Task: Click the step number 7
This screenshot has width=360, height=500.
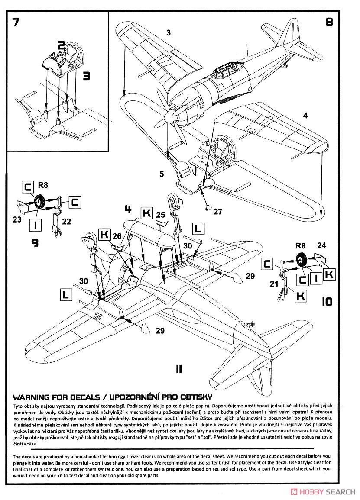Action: [x=16, y=23]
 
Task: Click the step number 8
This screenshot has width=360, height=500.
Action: [x=329, y=23]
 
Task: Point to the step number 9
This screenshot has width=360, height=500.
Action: [x=35, y=242]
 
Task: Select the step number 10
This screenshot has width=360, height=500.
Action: [x=327, y=301]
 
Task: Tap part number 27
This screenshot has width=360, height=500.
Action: [x=217, y=212]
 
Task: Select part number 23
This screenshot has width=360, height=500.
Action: [x=17, y=219]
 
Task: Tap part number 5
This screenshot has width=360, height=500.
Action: [x=161, y=174]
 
